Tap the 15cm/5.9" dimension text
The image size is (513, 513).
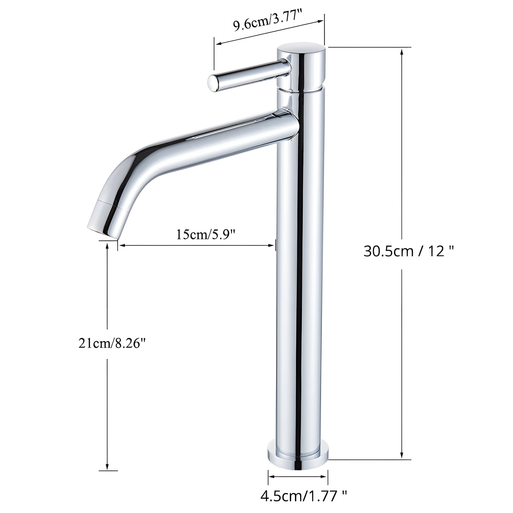point(206,234)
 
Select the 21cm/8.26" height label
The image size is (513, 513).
point(112,344)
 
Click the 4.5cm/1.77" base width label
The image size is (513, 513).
point(304,496)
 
